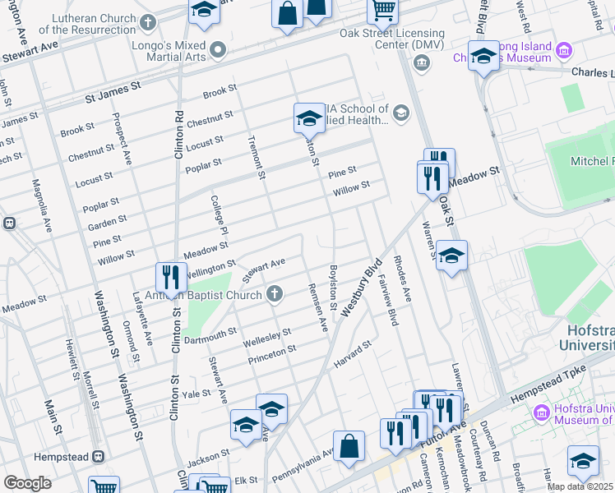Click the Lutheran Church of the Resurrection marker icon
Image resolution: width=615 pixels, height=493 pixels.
coord(147,22)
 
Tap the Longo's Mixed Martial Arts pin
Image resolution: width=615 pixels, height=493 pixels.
coord(217,51)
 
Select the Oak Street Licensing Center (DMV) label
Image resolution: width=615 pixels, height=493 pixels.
coord(392,39)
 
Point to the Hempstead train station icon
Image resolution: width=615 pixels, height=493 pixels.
coord(97,456)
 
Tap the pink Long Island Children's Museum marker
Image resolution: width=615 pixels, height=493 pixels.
coord(564,51)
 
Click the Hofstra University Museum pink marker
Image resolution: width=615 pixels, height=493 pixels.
coord(541,412)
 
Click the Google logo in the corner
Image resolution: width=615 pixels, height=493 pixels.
coord(27,483)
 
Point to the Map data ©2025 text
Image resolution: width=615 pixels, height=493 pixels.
coord(580,486)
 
